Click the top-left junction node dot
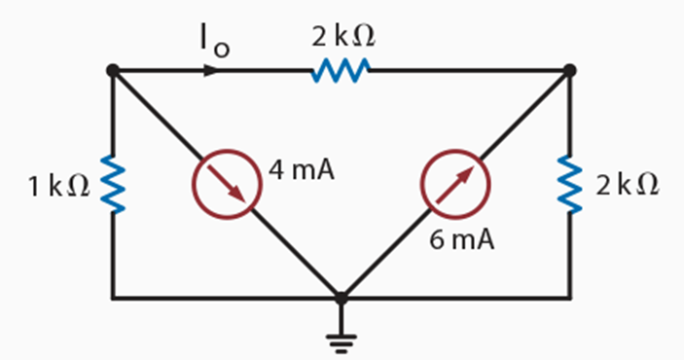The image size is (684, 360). [x=113, y=70]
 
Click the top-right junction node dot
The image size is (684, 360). [x=570, y=70]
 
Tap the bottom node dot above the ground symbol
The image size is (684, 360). [x=341, y=298]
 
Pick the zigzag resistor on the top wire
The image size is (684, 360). [x=341, y=70]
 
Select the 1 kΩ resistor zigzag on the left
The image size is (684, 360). [x=113, y=185]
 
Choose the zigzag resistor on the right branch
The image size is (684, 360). [x=570, y=185]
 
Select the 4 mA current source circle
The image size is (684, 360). [x=227, y=185]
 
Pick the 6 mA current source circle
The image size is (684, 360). [x=454, y=185]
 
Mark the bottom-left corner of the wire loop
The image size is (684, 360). [x=113, y=298]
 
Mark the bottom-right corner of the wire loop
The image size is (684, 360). [x=570, y=298]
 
